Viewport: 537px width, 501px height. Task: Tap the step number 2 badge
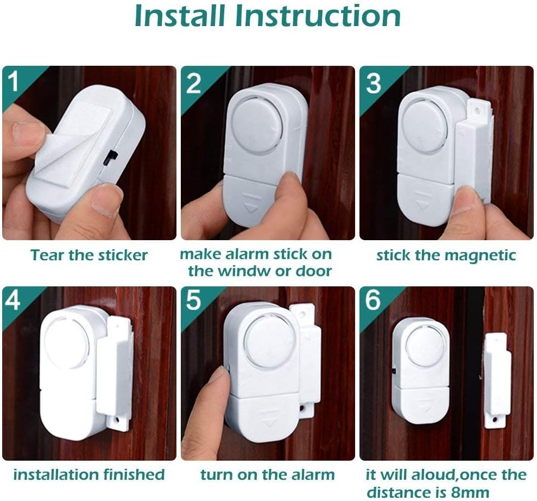[x=193, y=83]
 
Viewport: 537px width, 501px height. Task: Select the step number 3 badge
[x=372, y=83]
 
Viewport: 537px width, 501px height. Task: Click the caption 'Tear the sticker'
[x=89, y=255]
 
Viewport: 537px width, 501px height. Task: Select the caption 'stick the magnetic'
[x=446, y=255]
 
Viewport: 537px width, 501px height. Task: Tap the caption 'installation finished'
[x=89, y=475]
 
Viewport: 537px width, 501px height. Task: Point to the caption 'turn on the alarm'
[x=268, y=475]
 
